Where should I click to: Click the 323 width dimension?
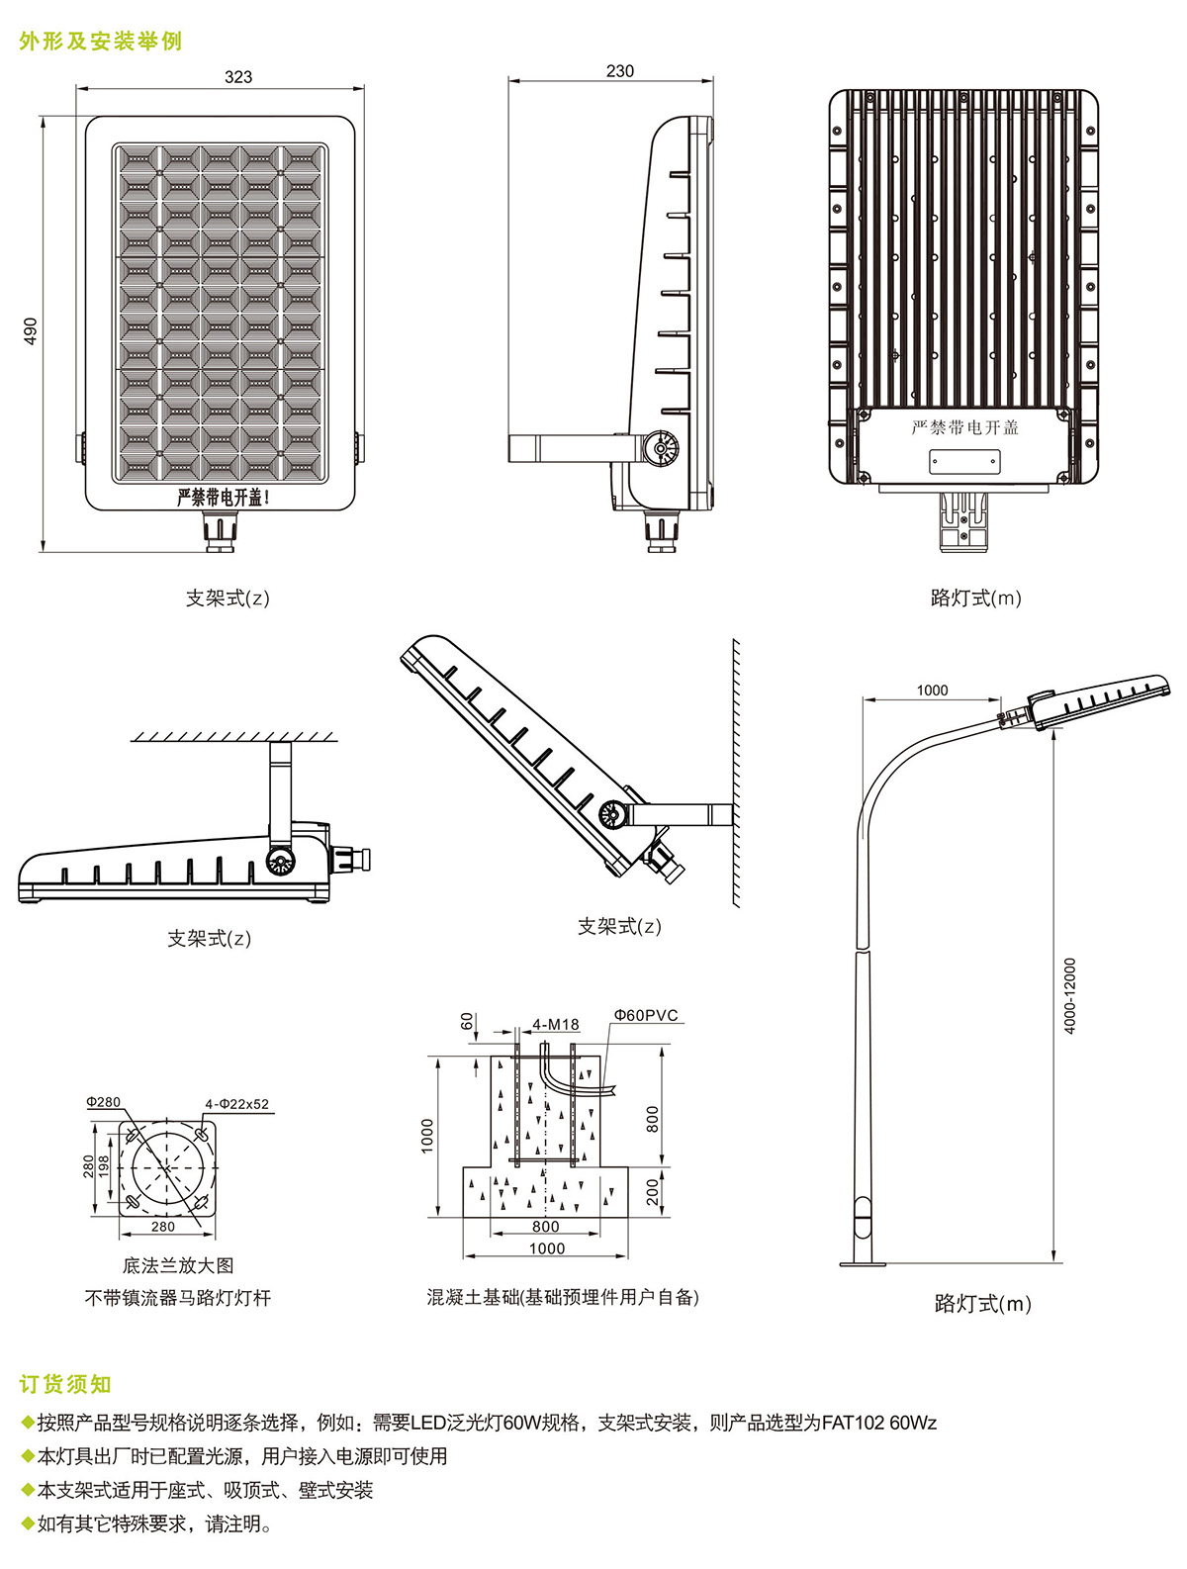click(x=237, y=76)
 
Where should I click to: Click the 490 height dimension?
click(x=31, y=330)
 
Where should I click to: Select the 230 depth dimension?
click(x=620, y=70)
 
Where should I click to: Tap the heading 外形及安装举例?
click(x=100, y=42)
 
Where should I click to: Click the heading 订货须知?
click(x=65, y=1384)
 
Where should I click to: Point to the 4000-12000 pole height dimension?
click(x=1070, y=995)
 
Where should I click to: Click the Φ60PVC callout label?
click(x=646, y=1015)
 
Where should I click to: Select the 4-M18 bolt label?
click(x=556, y=1024)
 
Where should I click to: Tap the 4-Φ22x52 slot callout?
click(x=236, y=1104)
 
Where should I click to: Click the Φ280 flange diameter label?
click(x=103, y=1102)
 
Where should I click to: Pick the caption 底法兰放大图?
click(x=178, y=1265)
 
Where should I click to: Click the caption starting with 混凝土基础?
click(x=563, y=1297)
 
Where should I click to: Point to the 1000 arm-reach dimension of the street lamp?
click(x=932, y=691)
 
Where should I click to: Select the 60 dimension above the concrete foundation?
click(x=468, y=1021)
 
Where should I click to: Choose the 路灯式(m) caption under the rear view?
click(x=975, y=598)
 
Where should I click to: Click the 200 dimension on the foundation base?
click(x=652, y=1191)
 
